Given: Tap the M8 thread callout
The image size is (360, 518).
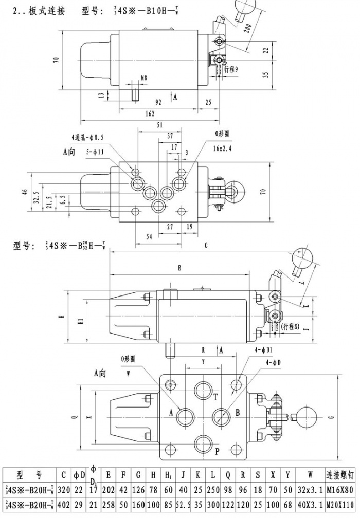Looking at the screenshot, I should pos(143,79).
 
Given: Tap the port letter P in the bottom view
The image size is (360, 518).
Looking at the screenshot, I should pos(217,452).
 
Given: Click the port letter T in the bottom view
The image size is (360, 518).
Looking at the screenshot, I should pos(216,396).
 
